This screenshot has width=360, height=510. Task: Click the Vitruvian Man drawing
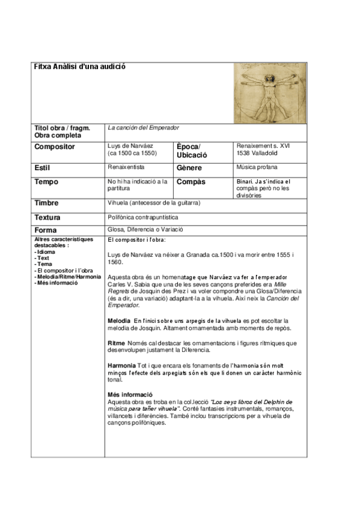[x=269, y=93]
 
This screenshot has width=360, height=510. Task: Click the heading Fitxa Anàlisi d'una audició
[x=80, y=67]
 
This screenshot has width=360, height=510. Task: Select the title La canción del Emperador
[x=143, y=127]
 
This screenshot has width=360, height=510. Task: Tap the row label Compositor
[x=55, y=147]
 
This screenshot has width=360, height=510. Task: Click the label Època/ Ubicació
[x=190, y=151]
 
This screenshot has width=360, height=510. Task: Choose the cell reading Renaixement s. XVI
[x=263, y=146]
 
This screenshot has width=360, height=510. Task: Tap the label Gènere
[x=190, y=168]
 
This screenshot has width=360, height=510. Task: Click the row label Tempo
[x=47, y=182]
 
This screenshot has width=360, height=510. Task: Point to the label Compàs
[x=192, y=182]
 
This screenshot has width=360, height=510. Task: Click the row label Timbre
[x=47, y=203]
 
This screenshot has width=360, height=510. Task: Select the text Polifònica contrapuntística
[x=143, y=217]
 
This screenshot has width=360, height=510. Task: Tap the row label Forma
[x=46, y=230]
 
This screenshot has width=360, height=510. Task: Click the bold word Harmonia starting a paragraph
[x=122, y=365]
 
